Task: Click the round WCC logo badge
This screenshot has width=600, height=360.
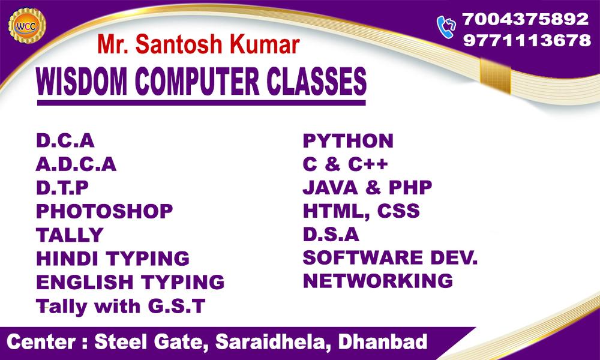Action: coord(27,25)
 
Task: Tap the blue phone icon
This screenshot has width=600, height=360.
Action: coord(446,27)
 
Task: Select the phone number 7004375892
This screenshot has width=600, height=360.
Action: coord(526,19)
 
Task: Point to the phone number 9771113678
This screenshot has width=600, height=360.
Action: coord(527,40)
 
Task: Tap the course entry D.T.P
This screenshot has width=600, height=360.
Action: coord(62,188)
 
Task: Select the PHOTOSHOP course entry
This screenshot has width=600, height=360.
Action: coord(104,211)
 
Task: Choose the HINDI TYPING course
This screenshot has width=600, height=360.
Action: coord(113,258)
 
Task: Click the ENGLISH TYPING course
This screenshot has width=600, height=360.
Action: coord(130,282)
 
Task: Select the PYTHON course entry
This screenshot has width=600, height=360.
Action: coord(348,141)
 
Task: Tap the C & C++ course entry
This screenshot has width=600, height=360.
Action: coord(345,164)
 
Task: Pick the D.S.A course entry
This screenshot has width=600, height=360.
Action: coord(331,235)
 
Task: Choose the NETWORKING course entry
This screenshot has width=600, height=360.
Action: coord(378,281)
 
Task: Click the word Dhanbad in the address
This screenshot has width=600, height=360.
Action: coord(383,341)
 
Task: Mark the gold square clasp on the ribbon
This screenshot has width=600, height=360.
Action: coord(495,76)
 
